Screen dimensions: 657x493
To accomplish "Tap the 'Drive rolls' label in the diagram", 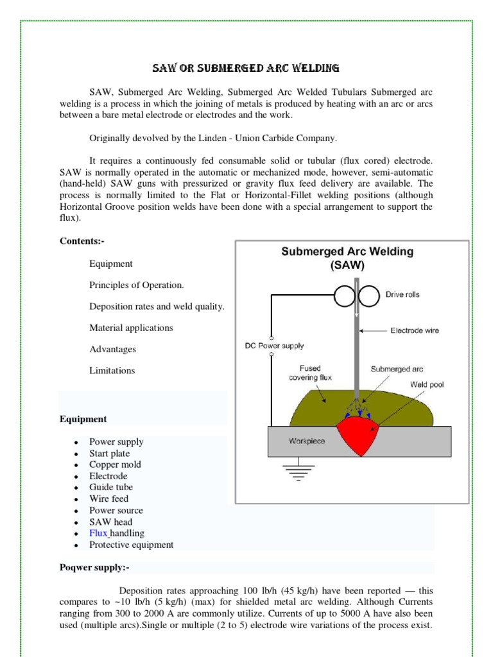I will pyautogui.click(x=402, y=295).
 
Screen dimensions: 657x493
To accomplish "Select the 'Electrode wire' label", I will pyautogui.click(x=415, y=331).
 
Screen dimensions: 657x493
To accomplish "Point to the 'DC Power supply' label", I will pyautogui.click(x=275, y=346).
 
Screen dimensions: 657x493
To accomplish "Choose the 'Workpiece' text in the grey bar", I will pyautogui.click(x=307, y=441).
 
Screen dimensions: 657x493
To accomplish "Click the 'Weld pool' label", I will pyautogui.click(x=427, y=384).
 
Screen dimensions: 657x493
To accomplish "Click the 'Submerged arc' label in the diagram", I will pyautogui.click(x=397, y=369).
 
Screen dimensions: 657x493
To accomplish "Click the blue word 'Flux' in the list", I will pyautogui.click(x=98, y=533).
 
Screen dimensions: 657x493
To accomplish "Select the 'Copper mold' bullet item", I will pyautogui.click(x=115, y=465).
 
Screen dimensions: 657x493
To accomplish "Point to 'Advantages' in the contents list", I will pyautogui.click(x=112, y=349).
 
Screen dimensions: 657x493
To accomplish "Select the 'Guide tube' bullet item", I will pyautogui.click(x=111, y=488).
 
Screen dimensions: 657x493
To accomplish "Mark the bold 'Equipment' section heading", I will pyautogui.click(x=83, y=419).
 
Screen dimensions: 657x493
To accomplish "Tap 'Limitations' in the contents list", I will pyautogui.click(x=112, y=370).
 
